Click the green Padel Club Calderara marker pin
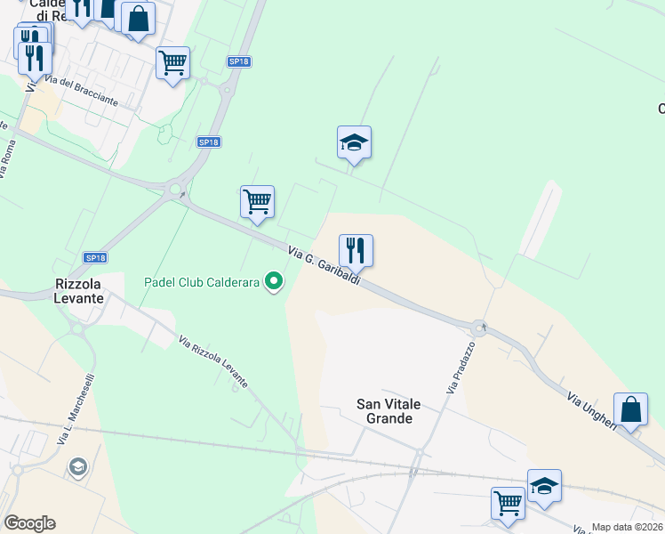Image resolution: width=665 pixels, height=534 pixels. tap(275, 283)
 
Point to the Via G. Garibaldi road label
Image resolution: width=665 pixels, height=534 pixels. tap(324, 266)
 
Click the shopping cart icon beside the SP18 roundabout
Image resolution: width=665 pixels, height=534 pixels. tap(257, 201)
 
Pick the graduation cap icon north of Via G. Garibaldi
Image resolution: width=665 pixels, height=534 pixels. tap(354, 142)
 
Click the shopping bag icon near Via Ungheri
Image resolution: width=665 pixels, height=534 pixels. tap(630, 409)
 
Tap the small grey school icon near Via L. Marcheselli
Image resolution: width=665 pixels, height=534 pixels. tap(78, 467)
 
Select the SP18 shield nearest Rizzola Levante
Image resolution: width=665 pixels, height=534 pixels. tap(95, 257)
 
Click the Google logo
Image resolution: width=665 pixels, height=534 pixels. tap(29, 523)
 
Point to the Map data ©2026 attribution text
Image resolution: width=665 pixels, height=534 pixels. tap(628, 527)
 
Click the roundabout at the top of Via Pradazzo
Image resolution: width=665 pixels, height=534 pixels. tap(479, 328)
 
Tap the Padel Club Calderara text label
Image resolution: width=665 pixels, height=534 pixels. tap(202, 283)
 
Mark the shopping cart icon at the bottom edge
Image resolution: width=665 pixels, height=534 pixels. tap(509, 503)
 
